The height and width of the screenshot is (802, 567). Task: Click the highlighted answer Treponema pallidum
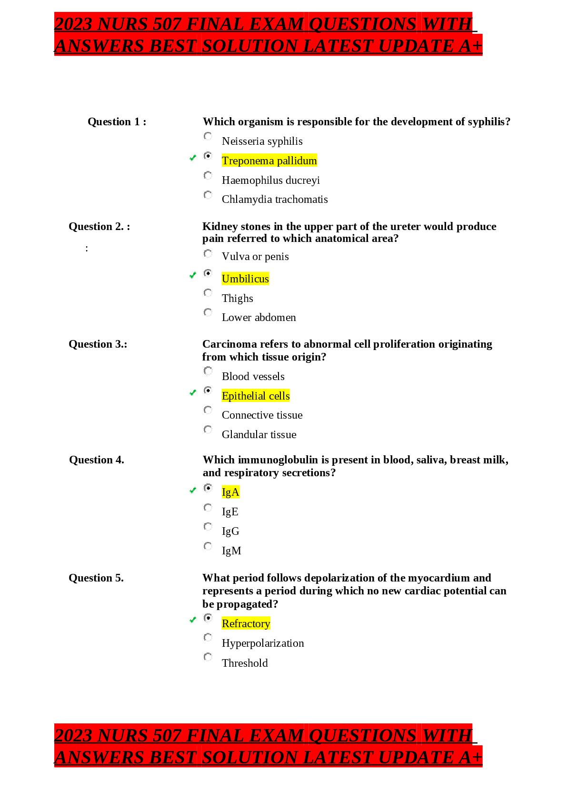(x=269, y=160)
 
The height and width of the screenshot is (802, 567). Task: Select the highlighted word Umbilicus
(x=245, y=279)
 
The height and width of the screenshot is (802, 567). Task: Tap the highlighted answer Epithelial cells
(x=256, y=396)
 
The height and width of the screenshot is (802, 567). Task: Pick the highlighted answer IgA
(x=230, y=492)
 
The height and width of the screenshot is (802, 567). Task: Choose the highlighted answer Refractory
(x=246, y=623)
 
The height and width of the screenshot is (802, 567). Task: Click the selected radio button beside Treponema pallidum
(x=208, y=156)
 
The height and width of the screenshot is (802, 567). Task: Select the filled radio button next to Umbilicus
(x=208, y=273)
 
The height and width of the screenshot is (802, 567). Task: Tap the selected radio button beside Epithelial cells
(x=208, y=391)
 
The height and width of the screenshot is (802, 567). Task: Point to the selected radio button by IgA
(x=208, y=488)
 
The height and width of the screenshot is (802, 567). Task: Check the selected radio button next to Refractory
(x=208, y=618)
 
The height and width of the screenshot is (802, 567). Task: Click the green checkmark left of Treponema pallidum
(x=193, y=158)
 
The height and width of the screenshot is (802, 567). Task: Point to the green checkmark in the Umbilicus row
(x=193, y=275)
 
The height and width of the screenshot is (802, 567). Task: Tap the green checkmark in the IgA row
(x=193, y=490)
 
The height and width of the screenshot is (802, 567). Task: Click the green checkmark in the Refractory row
(x=193, y=620)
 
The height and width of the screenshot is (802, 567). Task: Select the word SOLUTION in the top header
(x=250, y=46)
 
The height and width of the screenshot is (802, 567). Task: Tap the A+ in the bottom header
(x=471, y=757)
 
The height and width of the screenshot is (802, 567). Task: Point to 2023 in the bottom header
(x=73, y=735)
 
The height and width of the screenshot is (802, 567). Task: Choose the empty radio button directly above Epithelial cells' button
(x=208, y=371)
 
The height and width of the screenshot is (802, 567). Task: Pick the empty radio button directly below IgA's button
(x=208, y=508)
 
